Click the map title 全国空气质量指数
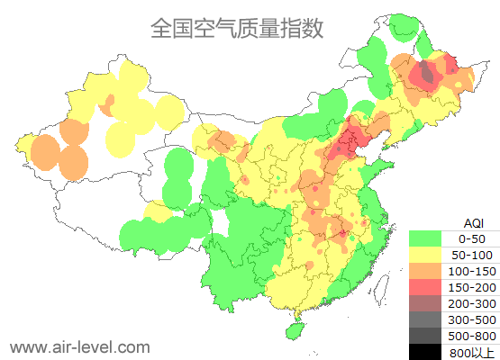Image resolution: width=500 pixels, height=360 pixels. pos(236,29)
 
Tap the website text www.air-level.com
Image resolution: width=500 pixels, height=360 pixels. pos(79,346)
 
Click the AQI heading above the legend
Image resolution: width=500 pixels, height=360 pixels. pos(473,222)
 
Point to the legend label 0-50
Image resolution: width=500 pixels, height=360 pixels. pos(472,238)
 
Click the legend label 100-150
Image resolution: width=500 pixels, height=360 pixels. pos(472,271)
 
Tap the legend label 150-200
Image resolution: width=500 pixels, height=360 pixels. pos(472,287)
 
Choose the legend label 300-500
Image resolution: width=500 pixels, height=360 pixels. pos(472,319)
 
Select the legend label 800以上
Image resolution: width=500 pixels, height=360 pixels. pos(472,352)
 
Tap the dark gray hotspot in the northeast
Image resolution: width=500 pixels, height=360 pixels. pos(426,72)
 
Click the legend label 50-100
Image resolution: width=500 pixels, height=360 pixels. pos(472,255)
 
